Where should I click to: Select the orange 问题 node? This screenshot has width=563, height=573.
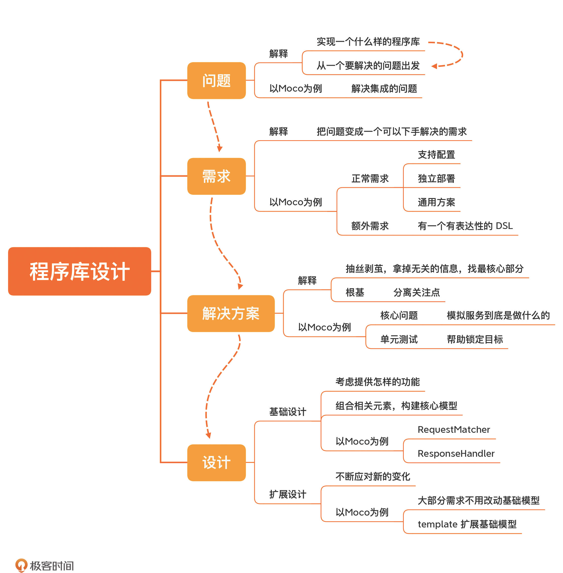click(x=216, y=80)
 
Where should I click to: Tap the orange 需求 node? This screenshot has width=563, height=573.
click(x=216, y=176)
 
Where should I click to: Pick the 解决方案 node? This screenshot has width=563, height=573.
click(x=231, y=313)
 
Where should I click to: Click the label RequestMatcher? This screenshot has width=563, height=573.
click(x=454, y=430)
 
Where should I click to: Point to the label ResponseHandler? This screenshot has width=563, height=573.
click(x=456, y=453)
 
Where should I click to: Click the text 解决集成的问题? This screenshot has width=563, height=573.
click(x=384, y=89)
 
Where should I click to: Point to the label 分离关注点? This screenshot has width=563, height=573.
click(x=416, y=293)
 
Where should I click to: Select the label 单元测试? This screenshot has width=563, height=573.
click(x=399, y=339)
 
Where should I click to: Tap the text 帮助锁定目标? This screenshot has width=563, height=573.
click(x=475, y=339)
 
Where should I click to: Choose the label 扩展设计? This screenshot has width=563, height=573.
click(x=287, y=494)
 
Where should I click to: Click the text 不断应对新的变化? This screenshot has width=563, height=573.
click(x=372, y=477)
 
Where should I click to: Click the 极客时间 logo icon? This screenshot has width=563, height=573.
click(x=21, y=565)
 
